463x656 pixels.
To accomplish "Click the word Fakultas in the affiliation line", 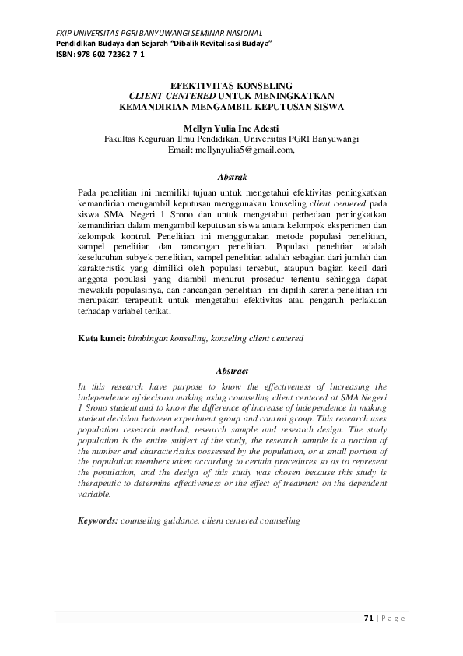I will pyautogui.click(x=124, y=139).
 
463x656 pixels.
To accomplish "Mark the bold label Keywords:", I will pyautogui.click(x=98, y=520).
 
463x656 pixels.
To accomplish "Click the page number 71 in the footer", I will pyautogui.click(x=369, y=619).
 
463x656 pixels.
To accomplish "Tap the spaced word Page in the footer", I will pyautogui.click(x=394, y=619).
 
